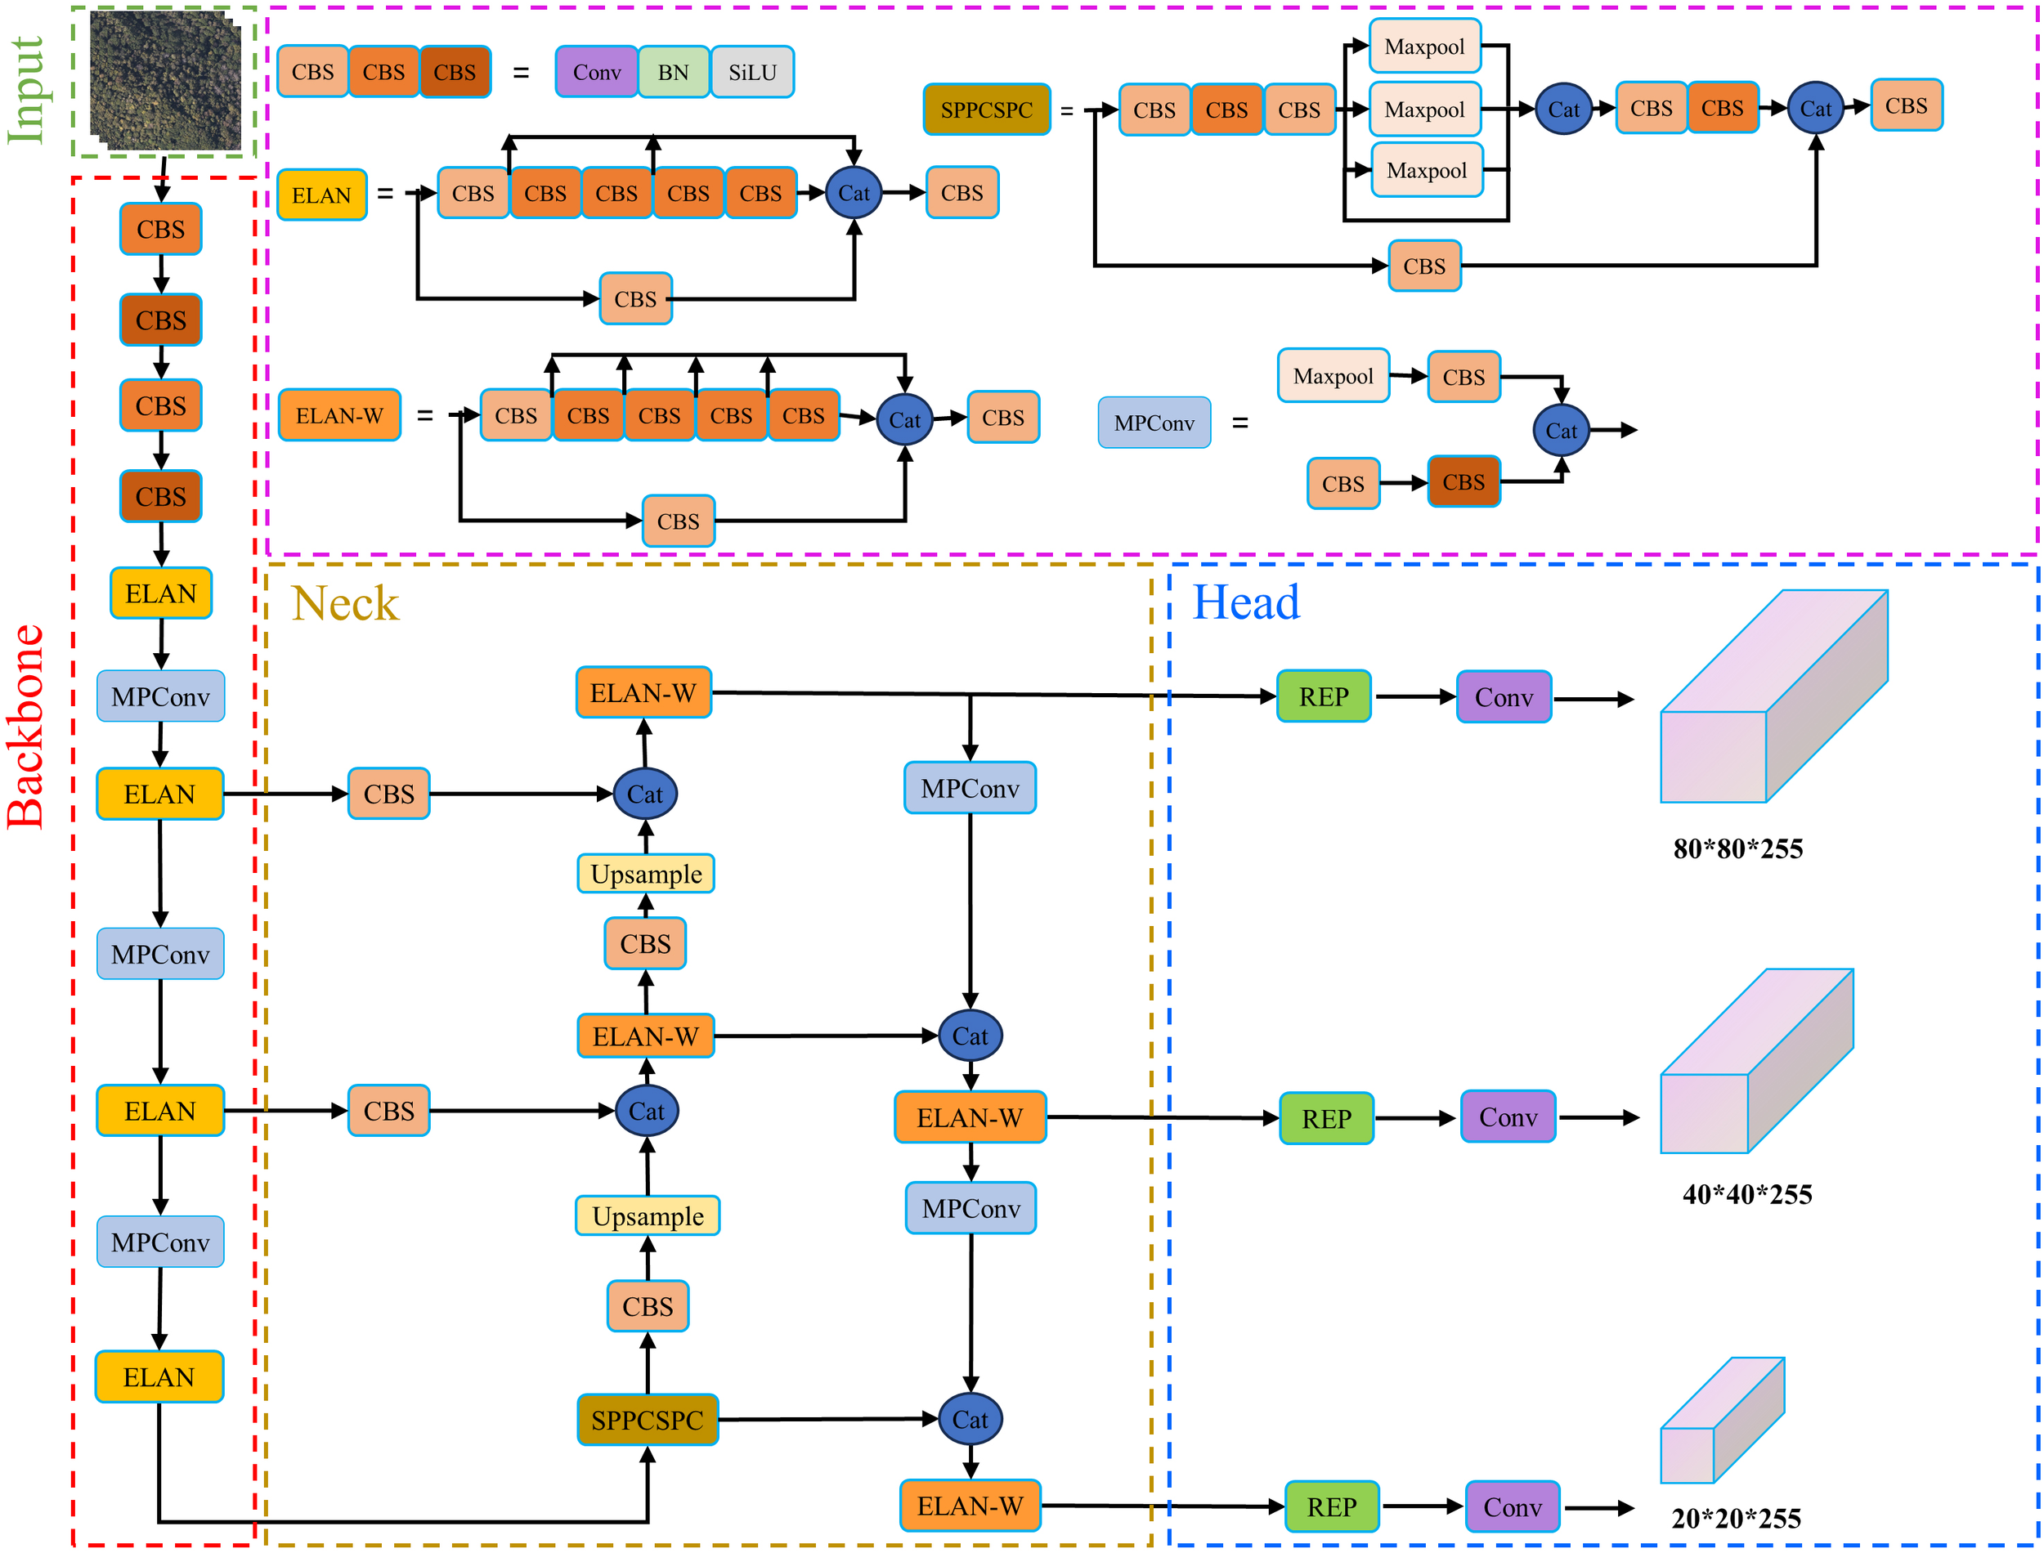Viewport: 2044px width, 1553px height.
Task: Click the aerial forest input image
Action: click(x=164, y=82)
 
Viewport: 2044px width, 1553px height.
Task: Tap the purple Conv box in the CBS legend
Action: click(x=596, y=72)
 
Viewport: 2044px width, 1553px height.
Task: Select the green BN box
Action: click(x=673, y=72)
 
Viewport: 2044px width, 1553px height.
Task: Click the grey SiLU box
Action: click(x=751, y=72)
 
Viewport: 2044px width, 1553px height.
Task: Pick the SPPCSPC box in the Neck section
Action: click(x=647, y=1420)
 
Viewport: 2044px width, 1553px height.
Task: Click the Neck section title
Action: click(x=345, y=604)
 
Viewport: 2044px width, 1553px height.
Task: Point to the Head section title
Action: click(x=1245, y=602)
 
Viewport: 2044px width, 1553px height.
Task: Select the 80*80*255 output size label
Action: click(x=1737, y=848)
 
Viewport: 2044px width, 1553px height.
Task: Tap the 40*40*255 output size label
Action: click(x=1746, y=1194)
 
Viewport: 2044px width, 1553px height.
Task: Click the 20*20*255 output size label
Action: click(x=1735, y=1518)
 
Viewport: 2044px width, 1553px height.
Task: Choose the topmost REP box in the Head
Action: click(x=1323, y=697)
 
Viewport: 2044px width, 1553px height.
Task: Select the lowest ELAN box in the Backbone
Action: click(x=159, y=1377)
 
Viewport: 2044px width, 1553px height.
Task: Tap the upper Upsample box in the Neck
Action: click(x=646, y=874)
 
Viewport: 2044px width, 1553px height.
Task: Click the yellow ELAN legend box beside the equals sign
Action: click(x=321, y=195)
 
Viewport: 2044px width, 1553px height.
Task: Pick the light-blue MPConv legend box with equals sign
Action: click(x=1154, y=423)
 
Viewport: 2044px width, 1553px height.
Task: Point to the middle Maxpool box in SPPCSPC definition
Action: click(x=1424, y=109)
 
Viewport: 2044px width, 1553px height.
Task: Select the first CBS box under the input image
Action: click(x=161, y=229)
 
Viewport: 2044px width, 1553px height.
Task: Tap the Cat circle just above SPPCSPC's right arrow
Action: click(x=970, y=1419)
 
